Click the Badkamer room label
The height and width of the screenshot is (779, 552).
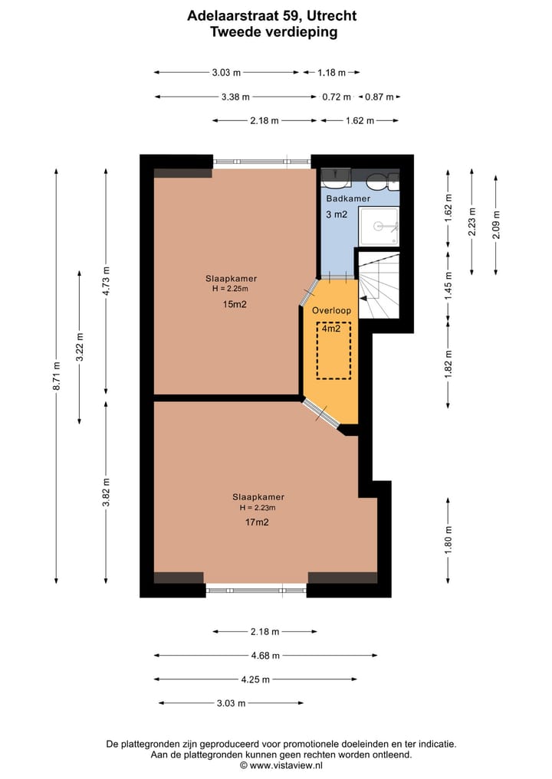click(348, 198)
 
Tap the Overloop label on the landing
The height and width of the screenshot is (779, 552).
click(331, 310)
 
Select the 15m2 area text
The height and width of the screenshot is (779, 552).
click(235, 304)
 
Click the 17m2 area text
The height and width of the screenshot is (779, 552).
click(257, 522)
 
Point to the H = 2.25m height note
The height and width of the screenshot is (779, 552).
click(230, 289)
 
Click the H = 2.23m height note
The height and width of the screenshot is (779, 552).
click(258, 508)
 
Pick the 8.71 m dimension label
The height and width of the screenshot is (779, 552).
click(57, 376)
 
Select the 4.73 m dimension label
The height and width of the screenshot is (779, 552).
click(106, 281)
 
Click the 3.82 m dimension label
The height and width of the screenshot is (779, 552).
click(106, 493)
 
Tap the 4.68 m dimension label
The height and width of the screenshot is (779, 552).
click(265, 656)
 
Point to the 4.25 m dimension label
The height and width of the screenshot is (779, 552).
click(255, 679)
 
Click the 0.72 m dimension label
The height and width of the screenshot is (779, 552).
click(337, 97)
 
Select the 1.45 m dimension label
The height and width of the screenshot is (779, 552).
click(449, 286)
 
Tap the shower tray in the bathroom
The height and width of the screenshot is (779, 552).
click(379, 226)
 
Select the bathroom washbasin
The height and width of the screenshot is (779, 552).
click(336, 178)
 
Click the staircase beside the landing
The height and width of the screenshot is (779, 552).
click(379, 285)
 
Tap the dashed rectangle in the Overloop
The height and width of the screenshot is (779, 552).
click(333, 351)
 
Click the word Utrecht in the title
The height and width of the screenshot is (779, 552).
click(332, 16)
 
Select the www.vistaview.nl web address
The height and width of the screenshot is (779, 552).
click(287, 765)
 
